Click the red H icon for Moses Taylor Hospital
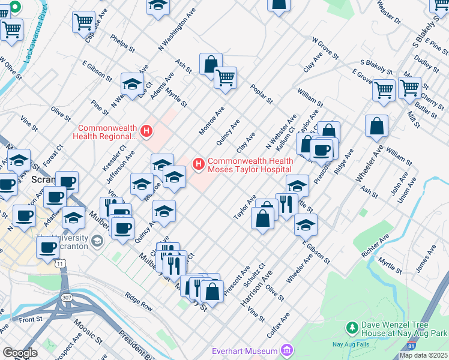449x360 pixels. click(198, 163)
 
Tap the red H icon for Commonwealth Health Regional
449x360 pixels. click(145, 130)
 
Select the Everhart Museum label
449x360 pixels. click(244, 351)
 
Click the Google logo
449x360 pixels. click(20, 353)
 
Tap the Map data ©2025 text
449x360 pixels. click(423, 355)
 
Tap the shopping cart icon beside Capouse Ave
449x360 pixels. click(83, 22)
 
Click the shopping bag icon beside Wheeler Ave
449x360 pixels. click(376, 126)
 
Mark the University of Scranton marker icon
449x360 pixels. click(97, 241)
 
